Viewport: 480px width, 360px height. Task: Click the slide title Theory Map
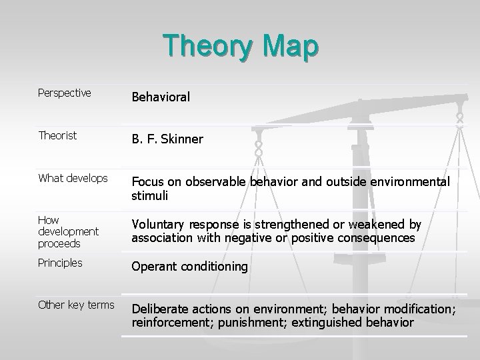click(241, 47)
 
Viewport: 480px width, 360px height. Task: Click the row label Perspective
click(65, 93)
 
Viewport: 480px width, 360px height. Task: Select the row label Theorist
click(57, 135)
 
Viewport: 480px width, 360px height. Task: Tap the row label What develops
click(73, 178)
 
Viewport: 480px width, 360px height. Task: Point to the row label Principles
click(60, 263)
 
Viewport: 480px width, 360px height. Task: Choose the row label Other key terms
click(76, 305)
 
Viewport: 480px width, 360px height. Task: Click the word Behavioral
click(161, 97)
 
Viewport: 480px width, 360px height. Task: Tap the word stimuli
click(149, 196)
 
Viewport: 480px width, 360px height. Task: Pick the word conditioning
click(214, 267)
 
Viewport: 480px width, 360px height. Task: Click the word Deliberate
click(160, 309)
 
